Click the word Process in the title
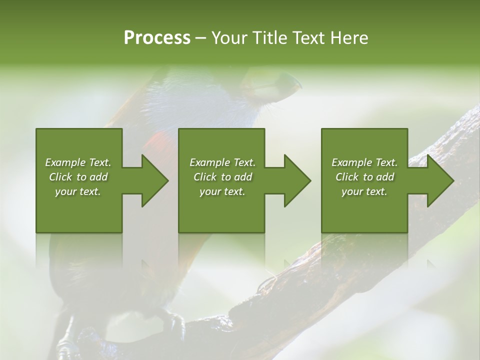[x=157, y=38]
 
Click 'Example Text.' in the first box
[x=78, y=162]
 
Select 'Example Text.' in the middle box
[x=222, y=162]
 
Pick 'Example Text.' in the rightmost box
[x=364, y=162]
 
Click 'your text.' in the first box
[x=78, y=191]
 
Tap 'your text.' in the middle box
[x=222, y=191]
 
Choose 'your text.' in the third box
[x=364, y=191]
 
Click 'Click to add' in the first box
[x=78, y=177]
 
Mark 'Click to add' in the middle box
[x=222, y=177]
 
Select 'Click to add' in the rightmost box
[x=364, y=177]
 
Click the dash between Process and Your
[x=200, y=38]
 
